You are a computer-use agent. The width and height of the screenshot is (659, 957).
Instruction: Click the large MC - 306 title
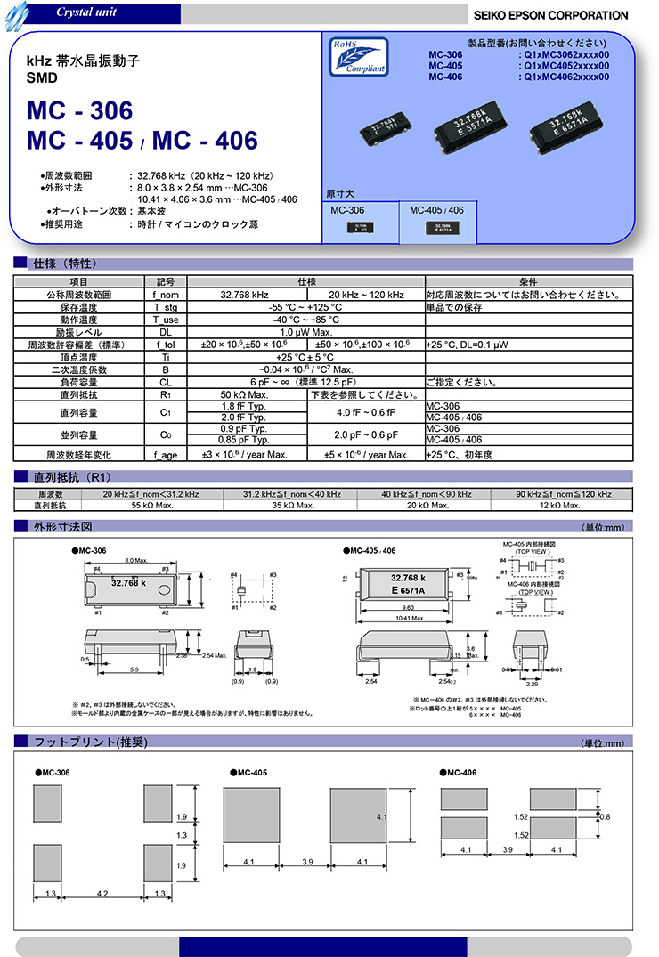pyautogui.click(x=80, y=111)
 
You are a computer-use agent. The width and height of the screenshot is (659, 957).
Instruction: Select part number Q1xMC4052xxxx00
pyautogui.click(x=566, y=66)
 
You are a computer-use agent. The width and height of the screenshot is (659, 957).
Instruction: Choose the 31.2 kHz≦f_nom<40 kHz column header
pyautogui.click(x=292, y=494)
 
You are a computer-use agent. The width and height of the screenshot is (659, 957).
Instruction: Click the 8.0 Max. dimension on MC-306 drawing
pyautogui.click(x=135, y=560)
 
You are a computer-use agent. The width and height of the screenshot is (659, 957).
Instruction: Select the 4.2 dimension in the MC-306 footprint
pyautogui.click(x=103, y=894)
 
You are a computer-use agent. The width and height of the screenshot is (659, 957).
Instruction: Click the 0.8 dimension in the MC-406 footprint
pyautogui.click(x=605, y=816)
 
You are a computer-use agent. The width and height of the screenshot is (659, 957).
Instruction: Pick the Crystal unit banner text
pyautogui.click(x=85, y=12)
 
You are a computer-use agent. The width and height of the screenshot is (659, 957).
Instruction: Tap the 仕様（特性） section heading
pyautogui.click(x=64, y=264)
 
